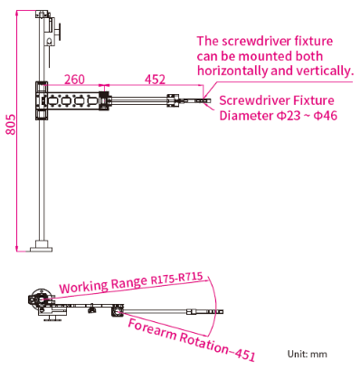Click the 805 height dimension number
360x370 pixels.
11,124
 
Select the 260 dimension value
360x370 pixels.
74,80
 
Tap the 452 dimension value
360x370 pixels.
155,80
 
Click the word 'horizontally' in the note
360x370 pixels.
232,71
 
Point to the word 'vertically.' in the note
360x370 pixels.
312,71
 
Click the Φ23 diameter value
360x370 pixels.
289,116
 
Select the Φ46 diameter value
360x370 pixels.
325,116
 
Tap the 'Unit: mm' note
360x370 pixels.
308,354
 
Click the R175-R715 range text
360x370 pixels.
176,279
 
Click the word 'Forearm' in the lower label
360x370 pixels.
152,328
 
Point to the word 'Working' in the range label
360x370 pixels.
83,286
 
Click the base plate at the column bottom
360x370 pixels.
42,249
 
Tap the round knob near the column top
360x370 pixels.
59,32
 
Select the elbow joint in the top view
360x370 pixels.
117,310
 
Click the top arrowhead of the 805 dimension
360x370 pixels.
17,13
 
